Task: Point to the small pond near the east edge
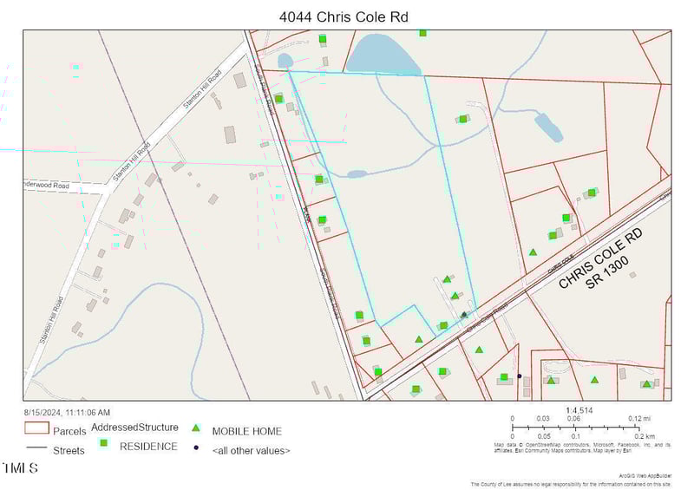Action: coord(548,127)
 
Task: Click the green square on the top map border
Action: coord(422,33)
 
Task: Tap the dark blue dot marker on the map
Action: coord(520,376)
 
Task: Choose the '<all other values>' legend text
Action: coord(251,451)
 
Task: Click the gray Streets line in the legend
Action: coord(36,448)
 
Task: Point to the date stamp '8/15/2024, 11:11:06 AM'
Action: coord(67,412)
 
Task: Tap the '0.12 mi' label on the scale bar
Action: coord(639,419)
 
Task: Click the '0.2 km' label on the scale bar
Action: coord(642,436)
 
